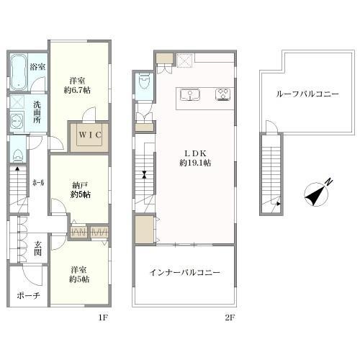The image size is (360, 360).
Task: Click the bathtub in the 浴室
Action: (x=19, y=72)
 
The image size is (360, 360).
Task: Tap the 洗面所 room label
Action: (x=37, y=112)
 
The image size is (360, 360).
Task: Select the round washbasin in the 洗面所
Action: (x=17, y=122)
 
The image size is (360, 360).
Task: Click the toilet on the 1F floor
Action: (x=17, y=156)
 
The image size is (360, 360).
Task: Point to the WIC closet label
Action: (x=90, y=135)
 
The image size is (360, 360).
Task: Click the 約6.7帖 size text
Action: (x=77, y=91)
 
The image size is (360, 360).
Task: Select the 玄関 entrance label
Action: (x=37, y=248)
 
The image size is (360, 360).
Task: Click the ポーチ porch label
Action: (x=28, y=296)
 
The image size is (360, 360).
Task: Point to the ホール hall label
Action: (x=38, y=183)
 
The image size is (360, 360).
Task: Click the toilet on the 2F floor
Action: (x=144, y=81)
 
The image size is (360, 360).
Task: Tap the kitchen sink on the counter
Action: (x=190, y=94)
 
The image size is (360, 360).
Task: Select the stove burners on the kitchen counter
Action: (x=223, y=94)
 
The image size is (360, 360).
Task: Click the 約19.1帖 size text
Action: (x=195, y=163)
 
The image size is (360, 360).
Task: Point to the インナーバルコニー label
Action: (x=184, y=272)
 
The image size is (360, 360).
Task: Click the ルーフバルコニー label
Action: (x=307, y=94)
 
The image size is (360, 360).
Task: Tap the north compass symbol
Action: (x=317, y=194)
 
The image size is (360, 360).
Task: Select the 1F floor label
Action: (x=103, y=318)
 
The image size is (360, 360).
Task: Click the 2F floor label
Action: (x=230, y=318)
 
